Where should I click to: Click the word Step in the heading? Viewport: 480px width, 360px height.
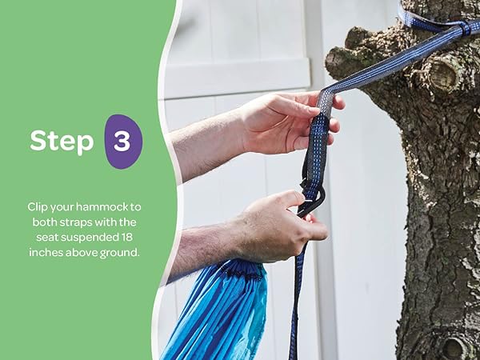[62, 141]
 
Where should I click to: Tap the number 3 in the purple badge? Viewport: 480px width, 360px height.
[122, 142]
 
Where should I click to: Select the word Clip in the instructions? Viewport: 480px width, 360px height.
[38, 207]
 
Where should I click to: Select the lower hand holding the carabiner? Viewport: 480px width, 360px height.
[275, 226]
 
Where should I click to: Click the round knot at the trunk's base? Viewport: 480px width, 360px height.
[453, 347]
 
